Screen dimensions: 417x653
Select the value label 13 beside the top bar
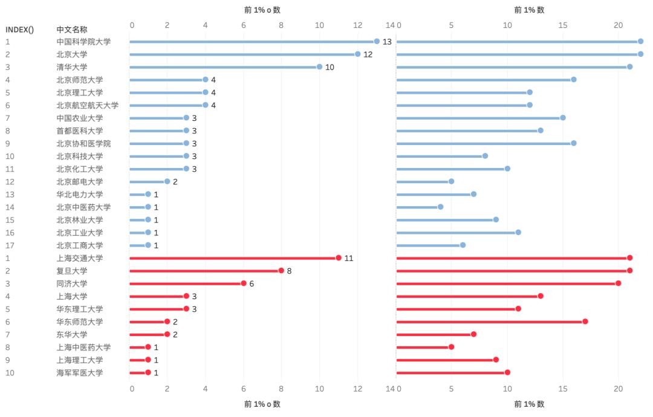pyautogui.click(x=387, y=42)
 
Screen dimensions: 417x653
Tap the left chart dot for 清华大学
pyautogui.click(x=319, y=67)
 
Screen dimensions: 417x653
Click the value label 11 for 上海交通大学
pyautogui.click(x=349, y=258)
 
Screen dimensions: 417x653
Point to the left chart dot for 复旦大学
pyautogui.click(x=281, y=271)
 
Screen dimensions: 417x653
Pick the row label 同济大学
pyautogui.click(x=72, y=283)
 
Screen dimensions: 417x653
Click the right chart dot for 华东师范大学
pyautogui.click(x=585, y=322)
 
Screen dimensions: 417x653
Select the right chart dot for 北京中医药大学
pyautogui.click(x=440, y=207)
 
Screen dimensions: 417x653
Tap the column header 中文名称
pyautogui.click(x=72, y=29)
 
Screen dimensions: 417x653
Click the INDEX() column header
pyautogui.click(x=19, y=29)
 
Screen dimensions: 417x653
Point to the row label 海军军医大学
pyautogui.click(x=80, y=372)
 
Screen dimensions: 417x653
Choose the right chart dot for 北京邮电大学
pyautogui.click(x=451, y=181)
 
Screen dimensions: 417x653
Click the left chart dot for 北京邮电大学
pyautogui.click(x=167, y=181)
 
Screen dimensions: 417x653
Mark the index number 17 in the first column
pyautogui.click(x=10, y=245)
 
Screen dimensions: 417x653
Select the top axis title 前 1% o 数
pyautogui.click(x=262, y=10)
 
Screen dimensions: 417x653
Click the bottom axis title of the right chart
pyautogui.click(x=529, y=404)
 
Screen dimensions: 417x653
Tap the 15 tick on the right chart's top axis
pyautogui.click(x=563, y=25)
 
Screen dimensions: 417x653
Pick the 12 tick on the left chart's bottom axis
pyautogui.click(x=358, y=388)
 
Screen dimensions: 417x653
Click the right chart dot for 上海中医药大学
pyautogui.click(x=451, y=347)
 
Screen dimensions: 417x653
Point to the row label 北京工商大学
pyautogui.click(x=80, y=245)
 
